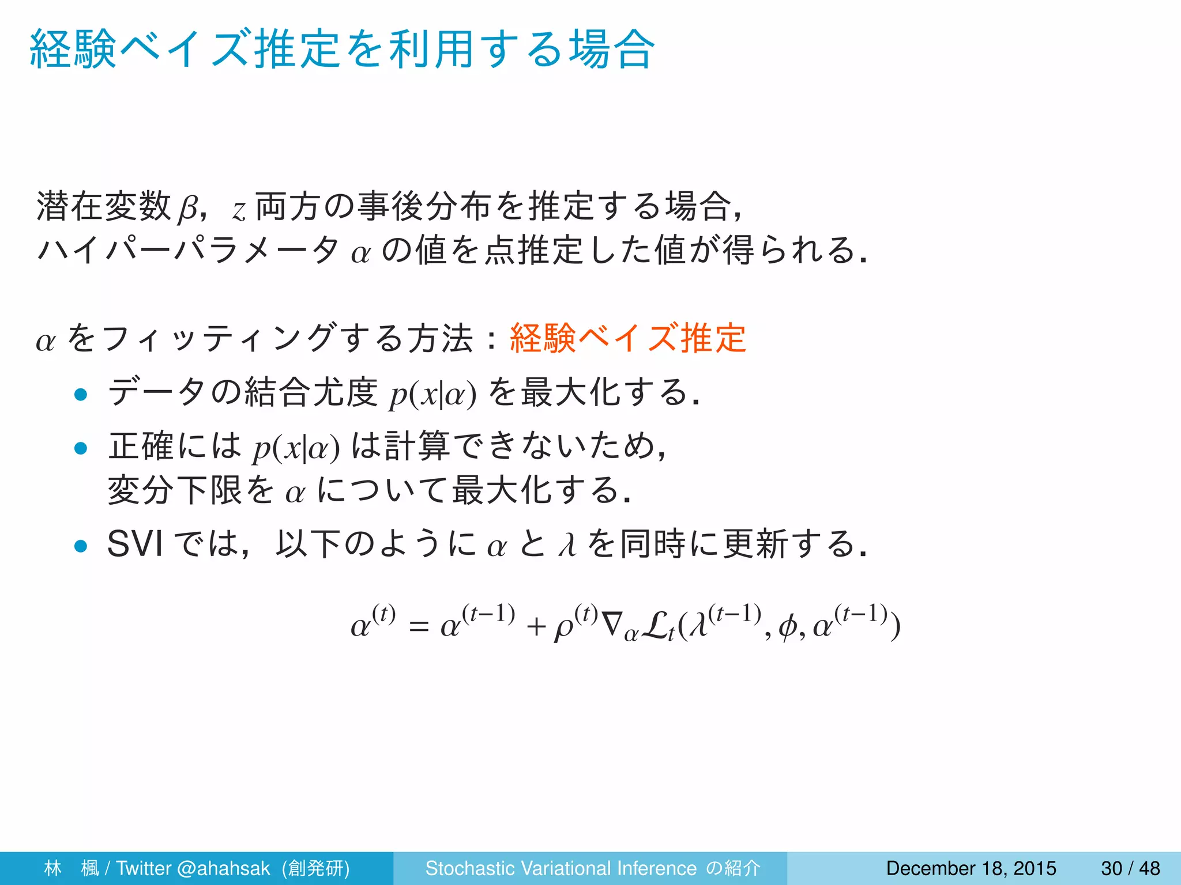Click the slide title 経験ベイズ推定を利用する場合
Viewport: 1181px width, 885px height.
(342, 50)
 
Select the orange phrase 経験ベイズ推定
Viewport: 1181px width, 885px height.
(628, 338)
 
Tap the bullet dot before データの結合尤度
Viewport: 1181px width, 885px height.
(81, 395)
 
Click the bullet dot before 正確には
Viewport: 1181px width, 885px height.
(81, 448)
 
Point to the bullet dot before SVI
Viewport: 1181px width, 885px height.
(81, 546)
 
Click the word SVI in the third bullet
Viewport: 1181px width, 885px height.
(135, 544)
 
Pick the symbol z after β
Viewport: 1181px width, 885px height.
(239, 211)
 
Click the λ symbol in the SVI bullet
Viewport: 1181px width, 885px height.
(568, 544)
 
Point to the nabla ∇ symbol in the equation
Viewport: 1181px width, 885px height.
(611, 624)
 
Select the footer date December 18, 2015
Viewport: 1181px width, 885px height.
(971, 868)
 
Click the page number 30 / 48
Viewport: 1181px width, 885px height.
(1130, 868)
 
